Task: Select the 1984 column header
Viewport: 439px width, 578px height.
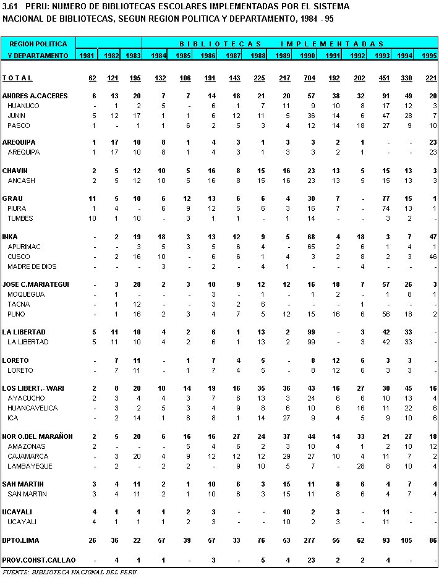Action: coord(159,56)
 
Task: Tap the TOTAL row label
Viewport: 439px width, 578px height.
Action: coord(17,78)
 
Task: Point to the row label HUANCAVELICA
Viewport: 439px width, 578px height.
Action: coord(33,408)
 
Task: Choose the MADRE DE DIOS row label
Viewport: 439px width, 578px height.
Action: coord(32,266)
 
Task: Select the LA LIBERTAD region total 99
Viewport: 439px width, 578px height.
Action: coord(310,332)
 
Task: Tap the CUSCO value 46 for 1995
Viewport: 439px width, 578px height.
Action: coord(433,257)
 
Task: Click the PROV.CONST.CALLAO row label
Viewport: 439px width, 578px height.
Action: coord(39,560)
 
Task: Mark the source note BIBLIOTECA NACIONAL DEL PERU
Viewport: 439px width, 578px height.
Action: coord(69,572)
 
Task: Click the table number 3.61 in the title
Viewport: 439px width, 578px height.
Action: coord(10,6)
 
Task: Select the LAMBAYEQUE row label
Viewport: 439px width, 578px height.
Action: coord(30,466)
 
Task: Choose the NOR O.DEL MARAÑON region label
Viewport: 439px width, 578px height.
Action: coord(38,436)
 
